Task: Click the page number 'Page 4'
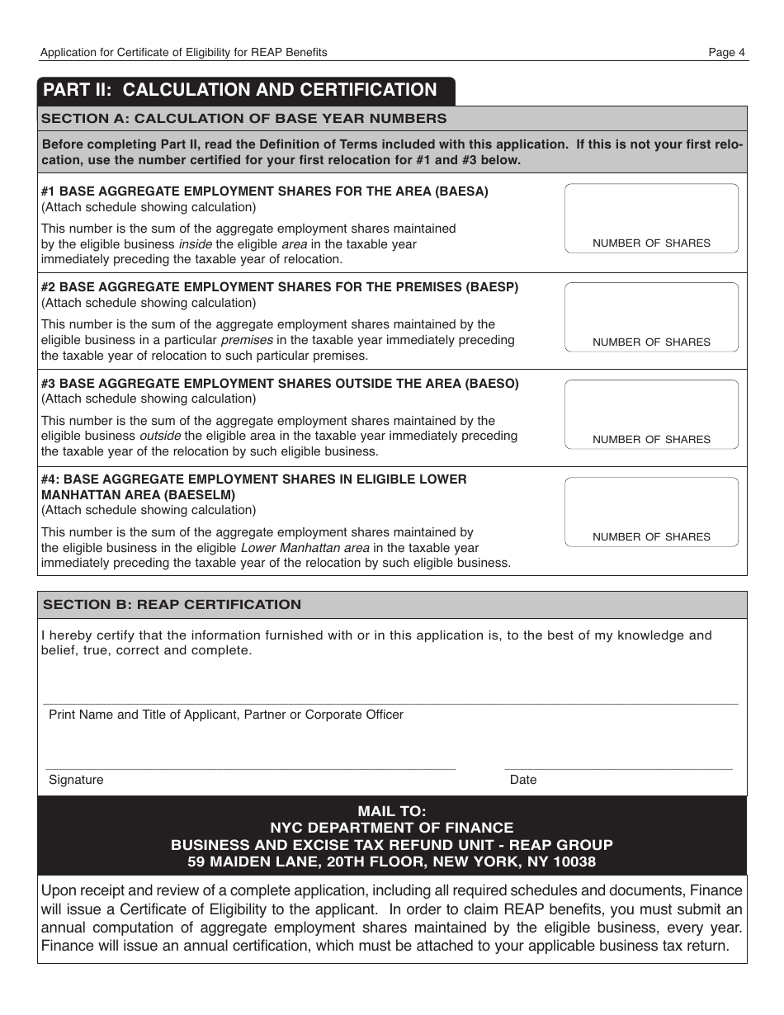(726, 52)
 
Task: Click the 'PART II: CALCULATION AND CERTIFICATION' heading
(240, 90)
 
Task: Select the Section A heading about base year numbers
(244, 118)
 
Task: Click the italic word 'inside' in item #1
(196, 244)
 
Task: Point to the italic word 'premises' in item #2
(247, 340)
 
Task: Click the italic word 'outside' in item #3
(159, 436)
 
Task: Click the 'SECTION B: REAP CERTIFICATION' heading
(172, 604)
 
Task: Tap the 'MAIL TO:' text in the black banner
(392, 810)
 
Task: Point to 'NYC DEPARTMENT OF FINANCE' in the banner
(392, 828)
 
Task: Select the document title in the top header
(184, 52)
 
